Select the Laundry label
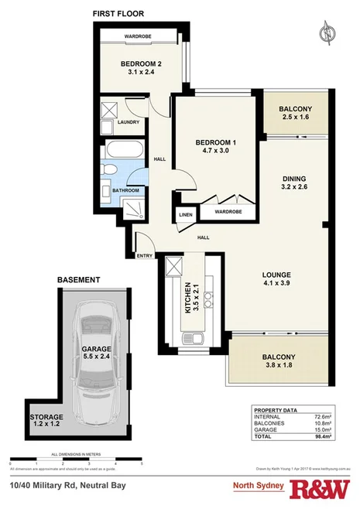pyautogui.click(x=126, y=121)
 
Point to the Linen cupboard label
pyautogui.click(x=186, y=214)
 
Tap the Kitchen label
pyautogui.click(x=187, y=296)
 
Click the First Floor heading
pyautogui.click(x=117, y=14)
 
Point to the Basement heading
pyautogui.click(x=78, y=279)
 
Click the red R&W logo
pyautogui.click(x=321, y=489)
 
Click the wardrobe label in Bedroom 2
pyautogui.click(x=140, y=36)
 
